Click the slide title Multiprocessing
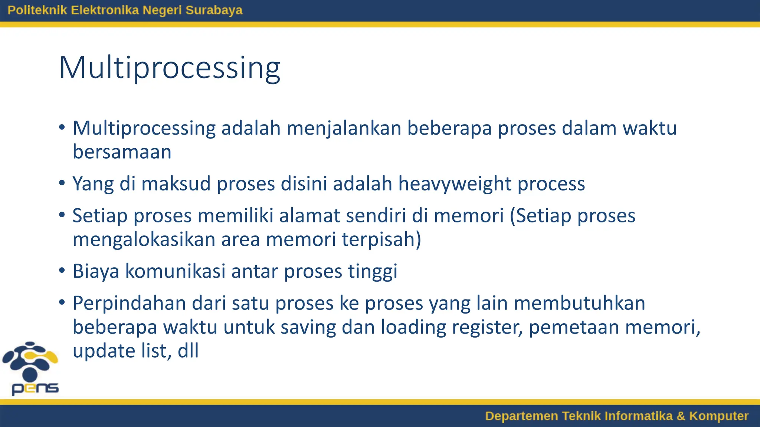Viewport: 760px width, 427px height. [x=169, y=68]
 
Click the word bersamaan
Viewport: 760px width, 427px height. [x=122, y=152]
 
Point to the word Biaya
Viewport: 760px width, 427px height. [x=96, y=271]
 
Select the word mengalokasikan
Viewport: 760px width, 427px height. [x=144, y=239]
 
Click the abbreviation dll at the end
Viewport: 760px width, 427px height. [x=188, y=351]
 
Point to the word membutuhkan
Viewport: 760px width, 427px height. [x=579, y=303]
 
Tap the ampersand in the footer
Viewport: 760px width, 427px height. [x=681, y=416]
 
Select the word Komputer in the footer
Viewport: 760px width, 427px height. [x=718, y=416]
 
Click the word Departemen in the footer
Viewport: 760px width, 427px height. [x=521, y=416]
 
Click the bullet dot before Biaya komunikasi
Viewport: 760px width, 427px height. [x=62, y=270]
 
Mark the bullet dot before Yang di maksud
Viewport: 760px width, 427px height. [x=62, y=183]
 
